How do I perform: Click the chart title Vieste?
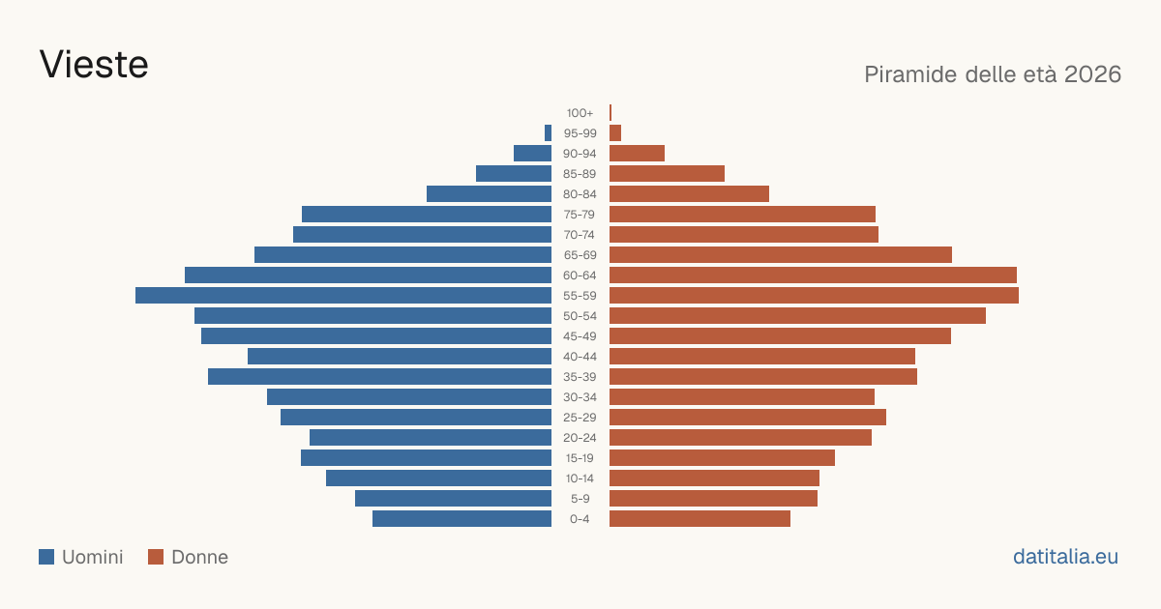coord(94,65)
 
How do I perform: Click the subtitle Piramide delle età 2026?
coord(993,74)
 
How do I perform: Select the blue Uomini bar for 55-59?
coord(343,295)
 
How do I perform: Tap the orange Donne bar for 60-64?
coord(813,275)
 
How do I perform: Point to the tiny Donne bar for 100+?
coord(610,112)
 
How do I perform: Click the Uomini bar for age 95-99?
coord(548,133)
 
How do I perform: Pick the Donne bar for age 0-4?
coord(700,519)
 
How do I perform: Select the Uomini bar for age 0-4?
coord(461,519)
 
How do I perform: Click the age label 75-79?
coord(580,215)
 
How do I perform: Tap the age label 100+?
coord(580,113)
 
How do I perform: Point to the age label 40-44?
coord(580,357)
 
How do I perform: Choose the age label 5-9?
coord(580,499)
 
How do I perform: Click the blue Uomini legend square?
coord(46,557)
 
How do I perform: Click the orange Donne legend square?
coord(156,557)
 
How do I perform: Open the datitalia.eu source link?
coord(1065,557)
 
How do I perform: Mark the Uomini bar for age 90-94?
coord(532,154)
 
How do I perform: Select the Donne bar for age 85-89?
coord(667,173)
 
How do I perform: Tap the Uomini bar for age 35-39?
coord(379,376)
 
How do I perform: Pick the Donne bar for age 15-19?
coord(722,458)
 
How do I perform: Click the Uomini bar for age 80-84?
coord(489,193)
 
